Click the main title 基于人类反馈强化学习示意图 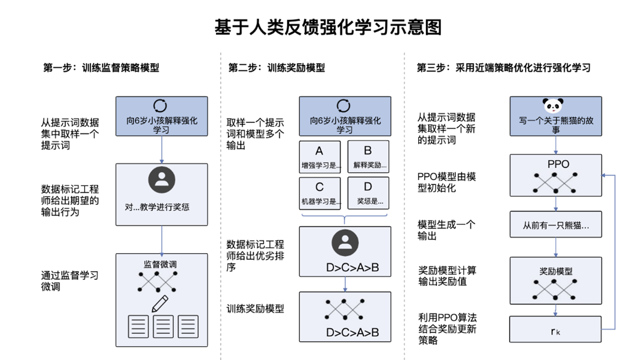328,27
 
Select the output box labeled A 319,157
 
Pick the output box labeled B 368,157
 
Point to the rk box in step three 556,331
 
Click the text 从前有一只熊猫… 556,225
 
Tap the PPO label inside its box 556,164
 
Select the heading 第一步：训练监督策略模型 101,68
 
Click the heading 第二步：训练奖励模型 276,68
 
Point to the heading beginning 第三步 503,68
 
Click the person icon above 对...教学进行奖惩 162,180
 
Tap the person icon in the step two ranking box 345,243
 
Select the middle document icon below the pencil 163,327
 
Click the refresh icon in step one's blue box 161,106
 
